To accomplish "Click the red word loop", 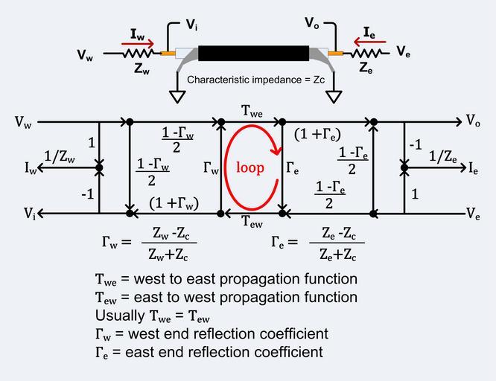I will coord(250,167).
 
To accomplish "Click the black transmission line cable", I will coord(252,54).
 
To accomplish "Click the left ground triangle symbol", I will coord(178,97).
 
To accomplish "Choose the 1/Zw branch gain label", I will coord(59,156).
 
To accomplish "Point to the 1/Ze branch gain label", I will coord(442,156).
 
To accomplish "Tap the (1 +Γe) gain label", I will coord(318,135).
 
